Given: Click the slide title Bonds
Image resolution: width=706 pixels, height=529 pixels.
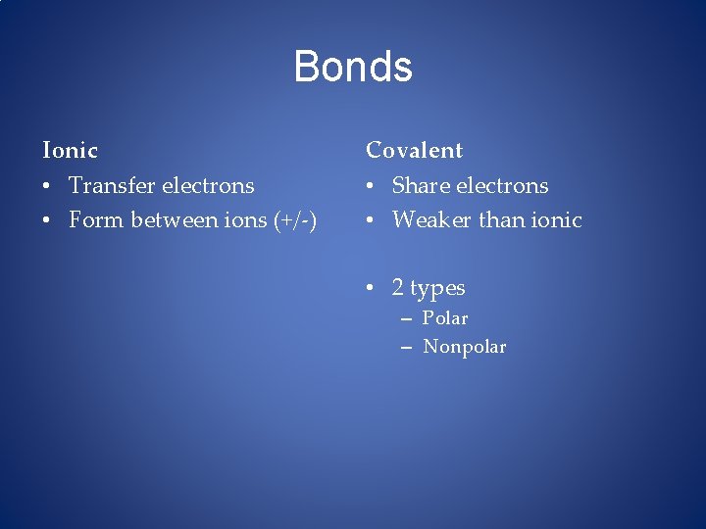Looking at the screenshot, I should [x=353, y=67].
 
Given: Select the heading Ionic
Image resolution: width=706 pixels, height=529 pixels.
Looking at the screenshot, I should [x=70, y=151].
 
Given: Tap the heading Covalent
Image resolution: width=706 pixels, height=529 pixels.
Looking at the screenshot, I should [x=414, y=151].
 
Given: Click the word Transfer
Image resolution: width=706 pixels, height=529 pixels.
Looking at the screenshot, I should [x=108, y=186].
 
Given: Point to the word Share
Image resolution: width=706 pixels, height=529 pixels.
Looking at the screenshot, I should [x=420, y=186].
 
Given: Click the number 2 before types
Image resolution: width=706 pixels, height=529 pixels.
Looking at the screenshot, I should [x=398, y=288].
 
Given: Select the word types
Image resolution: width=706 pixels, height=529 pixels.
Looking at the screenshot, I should [x=437, y=289].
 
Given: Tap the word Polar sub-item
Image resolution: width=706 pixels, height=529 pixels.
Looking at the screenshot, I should [x=445, y=318].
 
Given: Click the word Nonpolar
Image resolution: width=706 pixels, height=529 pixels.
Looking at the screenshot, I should [x=465, y=347].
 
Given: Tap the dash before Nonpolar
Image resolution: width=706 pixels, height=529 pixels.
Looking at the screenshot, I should [x=406, y=348].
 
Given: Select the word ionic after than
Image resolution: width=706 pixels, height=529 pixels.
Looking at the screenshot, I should [x=557, y=220].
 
